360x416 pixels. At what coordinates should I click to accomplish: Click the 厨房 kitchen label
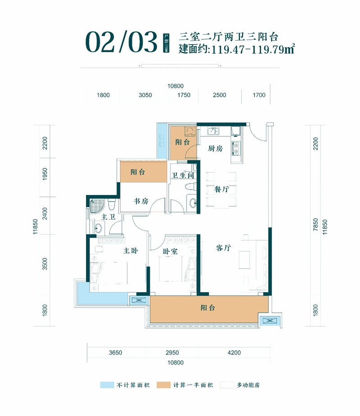click(x=216, y=149)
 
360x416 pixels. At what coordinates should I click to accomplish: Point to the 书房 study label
click(x=140, y=202)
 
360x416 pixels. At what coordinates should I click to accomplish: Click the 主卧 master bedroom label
click(x=130, y=252)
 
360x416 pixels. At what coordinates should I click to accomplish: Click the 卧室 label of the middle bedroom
click(x=171, y=252)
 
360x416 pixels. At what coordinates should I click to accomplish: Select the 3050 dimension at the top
click(x=145, y=95)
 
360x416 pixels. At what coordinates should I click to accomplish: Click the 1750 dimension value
click(x=184, y=95)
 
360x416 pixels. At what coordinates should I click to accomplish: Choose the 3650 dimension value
click(x=116, y=353)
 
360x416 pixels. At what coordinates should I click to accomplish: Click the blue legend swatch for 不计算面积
click(x=106, y=385)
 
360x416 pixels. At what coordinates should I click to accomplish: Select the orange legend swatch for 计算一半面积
click(x=163, y=385)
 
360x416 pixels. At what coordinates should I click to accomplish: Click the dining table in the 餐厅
click(x=220, y=190)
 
